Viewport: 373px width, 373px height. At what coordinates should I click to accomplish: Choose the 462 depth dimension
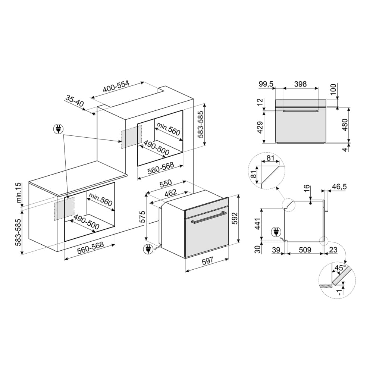click(171, 193)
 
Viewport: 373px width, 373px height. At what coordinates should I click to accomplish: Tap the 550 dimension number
click(165, 183)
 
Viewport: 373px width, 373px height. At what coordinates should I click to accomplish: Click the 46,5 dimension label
click(339, 187)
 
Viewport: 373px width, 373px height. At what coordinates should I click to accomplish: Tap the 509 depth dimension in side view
click(305, 250)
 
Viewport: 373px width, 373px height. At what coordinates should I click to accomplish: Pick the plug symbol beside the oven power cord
click(148, 249)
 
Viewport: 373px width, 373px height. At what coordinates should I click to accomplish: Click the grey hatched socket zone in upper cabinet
click(131, 137)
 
